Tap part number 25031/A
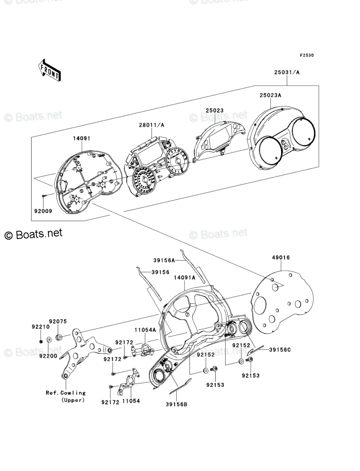pos(287,72)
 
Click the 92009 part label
pos(43,210)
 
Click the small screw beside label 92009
pos(44,195)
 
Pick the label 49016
pos(281,258)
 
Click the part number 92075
pos(58,321)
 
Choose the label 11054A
pos(145,330)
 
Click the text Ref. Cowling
pos(65,392)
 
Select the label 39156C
pos(278,349)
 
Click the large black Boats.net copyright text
pos(34,234)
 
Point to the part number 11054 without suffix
pos(131,402)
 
